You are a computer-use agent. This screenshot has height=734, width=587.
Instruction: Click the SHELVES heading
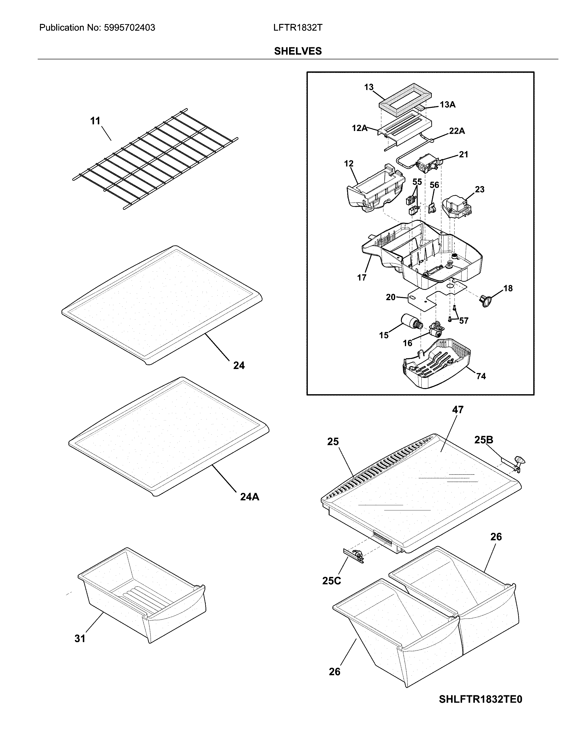(298, 51)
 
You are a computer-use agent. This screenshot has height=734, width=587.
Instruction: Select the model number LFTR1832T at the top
(297, 28)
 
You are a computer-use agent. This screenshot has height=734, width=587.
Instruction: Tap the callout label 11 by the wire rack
(95, 121)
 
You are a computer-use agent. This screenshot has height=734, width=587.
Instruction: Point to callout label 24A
(249, 497)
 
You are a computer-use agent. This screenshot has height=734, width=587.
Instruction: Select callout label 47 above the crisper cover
(458, 409)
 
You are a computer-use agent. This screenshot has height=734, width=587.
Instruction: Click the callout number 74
(481, 376)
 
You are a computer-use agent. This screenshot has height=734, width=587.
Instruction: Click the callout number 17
(362, 277)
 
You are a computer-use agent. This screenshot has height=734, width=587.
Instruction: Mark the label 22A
(457, 131)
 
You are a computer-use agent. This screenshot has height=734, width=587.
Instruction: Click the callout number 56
(434, 185)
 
